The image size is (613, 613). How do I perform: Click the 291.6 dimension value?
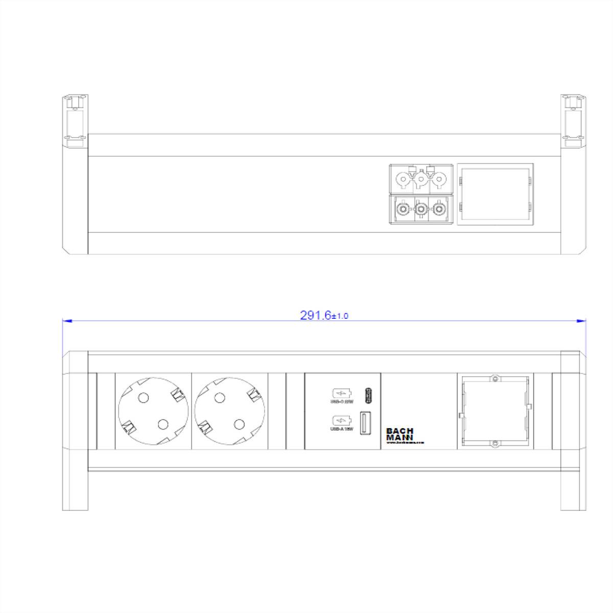316,315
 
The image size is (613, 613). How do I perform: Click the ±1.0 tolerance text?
340,316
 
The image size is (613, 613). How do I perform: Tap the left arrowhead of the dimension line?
67,321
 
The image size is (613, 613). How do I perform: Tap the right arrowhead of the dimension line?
581,321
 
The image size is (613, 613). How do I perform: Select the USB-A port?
366,423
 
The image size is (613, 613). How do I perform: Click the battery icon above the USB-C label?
341,393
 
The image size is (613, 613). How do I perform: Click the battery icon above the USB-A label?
341,421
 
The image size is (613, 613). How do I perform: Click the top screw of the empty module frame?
494,379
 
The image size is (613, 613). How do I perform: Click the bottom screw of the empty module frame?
494,444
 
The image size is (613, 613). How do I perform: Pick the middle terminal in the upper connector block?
420,179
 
